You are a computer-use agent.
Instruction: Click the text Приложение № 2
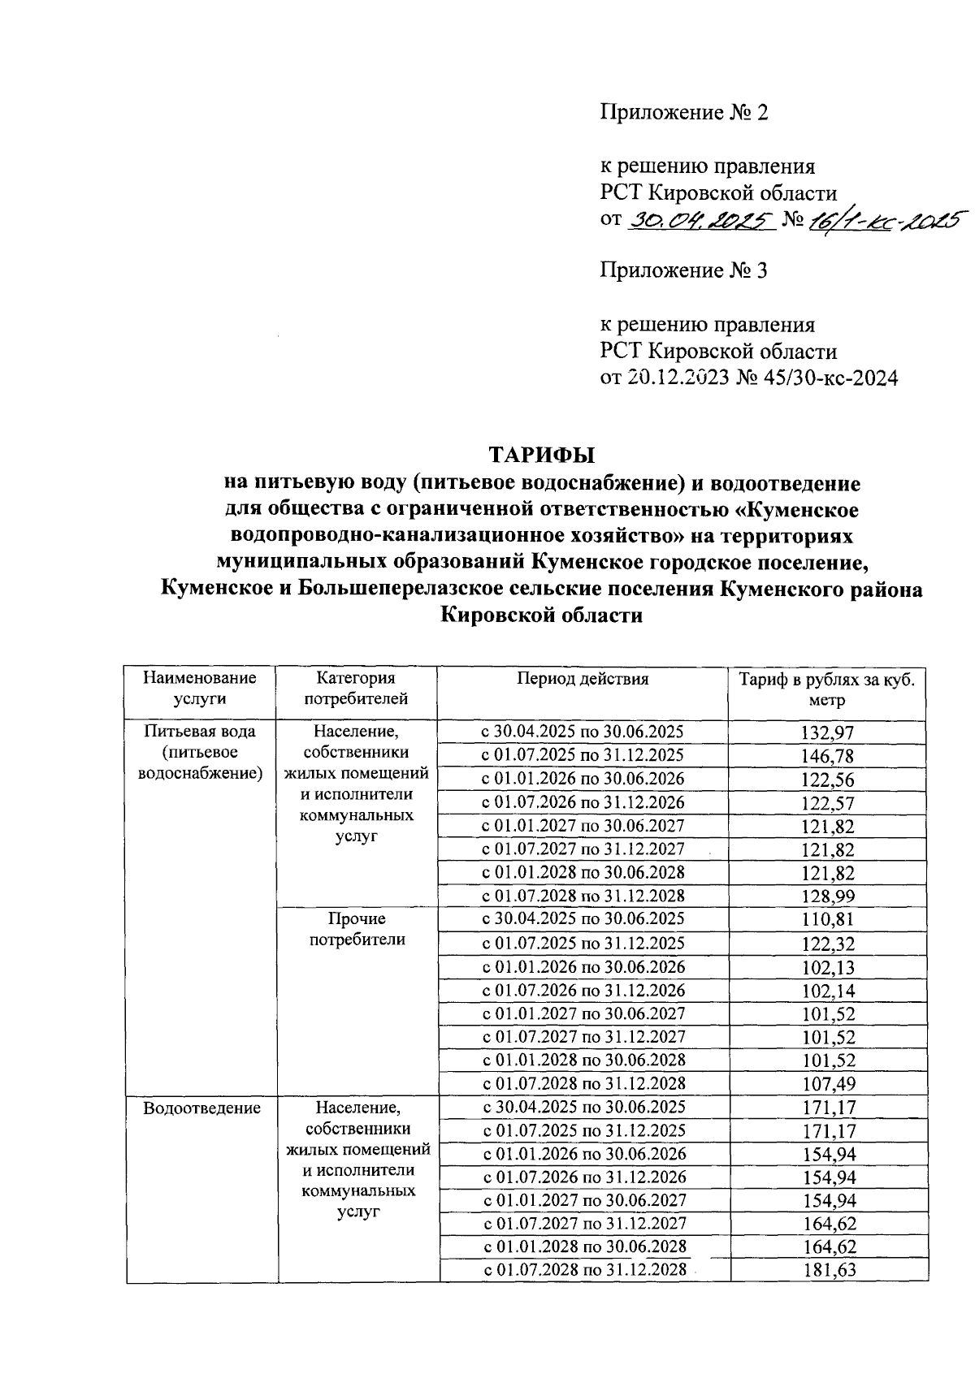(683, 112)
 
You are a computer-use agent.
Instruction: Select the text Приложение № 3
(683, 270)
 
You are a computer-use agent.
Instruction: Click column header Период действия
(583, 680)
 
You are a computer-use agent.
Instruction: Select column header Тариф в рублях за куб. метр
(827, 689)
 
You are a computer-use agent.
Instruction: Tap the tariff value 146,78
(827, 756)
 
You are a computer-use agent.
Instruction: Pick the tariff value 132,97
(827, 732)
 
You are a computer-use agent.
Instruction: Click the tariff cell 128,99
(827, 897)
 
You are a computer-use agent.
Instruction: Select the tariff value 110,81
(827, 921)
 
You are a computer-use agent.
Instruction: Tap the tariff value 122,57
(827, 803)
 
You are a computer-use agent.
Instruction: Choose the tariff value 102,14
(827, 991)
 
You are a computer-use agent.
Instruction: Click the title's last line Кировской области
(541, 616)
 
